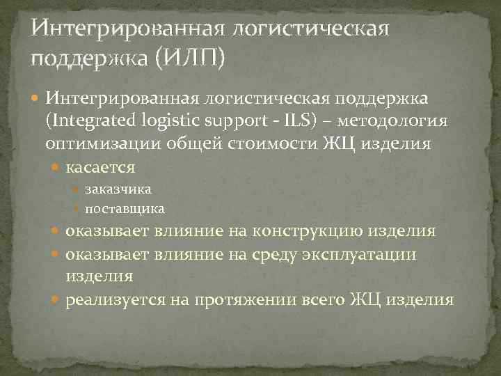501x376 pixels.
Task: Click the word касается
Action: point(100,168)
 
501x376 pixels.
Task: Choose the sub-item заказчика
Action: point(118,189)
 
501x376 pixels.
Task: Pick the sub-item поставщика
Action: point(125,208)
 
